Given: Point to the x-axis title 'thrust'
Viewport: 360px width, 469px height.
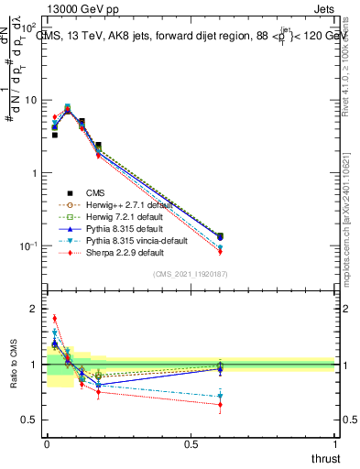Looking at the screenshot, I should click(324, 459).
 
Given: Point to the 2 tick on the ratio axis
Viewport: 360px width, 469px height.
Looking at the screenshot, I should click(35, 309).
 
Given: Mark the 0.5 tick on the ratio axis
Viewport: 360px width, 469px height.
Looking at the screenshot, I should click(32, 420).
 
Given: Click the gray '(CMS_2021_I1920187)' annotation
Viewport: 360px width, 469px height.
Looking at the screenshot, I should click(190, 275).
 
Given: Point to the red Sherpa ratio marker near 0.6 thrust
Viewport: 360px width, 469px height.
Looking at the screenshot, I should click(220, 404).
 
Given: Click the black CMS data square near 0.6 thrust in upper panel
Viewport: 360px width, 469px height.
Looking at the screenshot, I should click(220, 236).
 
